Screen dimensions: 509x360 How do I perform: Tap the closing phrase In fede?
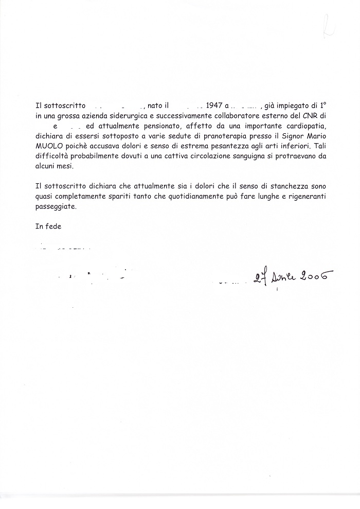(48, 226)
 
